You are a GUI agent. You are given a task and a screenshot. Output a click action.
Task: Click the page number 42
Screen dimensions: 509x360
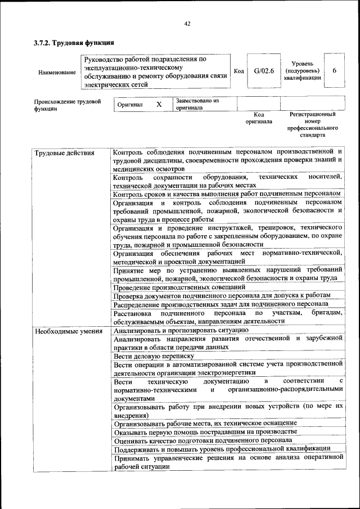click(187, 24)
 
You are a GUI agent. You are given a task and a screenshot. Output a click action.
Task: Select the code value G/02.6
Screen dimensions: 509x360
click(263, 71)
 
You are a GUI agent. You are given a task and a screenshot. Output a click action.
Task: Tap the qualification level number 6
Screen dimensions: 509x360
click(334, 71)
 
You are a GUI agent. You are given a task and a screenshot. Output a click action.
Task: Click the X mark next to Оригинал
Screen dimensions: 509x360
click(159, 105)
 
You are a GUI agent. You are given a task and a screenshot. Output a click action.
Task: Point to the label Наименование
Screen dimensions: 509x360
click(57, 72)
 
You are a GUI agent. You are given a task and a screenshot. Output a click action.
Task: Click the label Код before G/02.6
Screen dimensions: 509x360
click(238, 71)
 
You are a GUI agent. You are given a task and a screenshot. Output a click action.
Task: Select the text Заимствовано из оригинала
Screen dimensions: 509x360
click(197, 104)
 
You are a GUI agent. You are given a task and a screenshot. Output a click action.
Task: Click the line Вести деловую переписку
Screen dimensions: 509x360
click(154, 356)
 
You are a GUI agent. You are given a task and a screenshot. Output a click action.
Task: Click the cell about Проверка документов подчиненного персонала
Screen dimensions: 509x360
click(221, 295)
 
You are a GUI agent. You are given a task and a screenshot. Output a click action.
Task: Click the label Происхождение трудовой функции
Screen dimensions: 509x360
click(67, 105)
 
